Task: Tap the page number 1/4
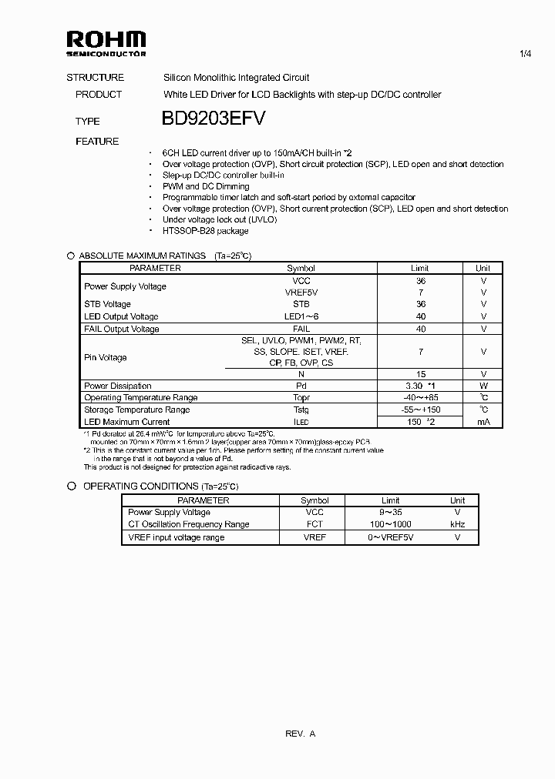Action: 526,53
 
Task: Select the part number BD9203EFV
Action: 214,119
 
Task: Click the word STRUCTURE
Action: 95,78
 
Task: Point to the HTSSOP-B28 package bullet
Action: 205,231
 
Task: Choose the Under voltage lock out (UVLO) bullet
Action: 219,219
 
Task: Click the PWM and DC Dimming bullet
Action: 206,186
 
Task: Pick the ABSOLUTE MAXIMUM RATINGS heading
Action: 143,256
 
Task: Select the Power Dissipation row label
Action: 118,386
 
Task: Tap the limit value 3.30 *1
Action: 421,386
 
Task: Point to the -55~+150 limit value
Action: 420,410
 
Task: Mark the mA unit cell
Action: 483,422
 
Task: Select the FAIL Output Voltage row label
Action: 122,329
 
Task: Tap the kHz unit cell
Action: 457,524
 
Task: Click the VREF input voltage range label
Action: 177,537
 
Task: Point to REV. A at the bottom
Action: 300,734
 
